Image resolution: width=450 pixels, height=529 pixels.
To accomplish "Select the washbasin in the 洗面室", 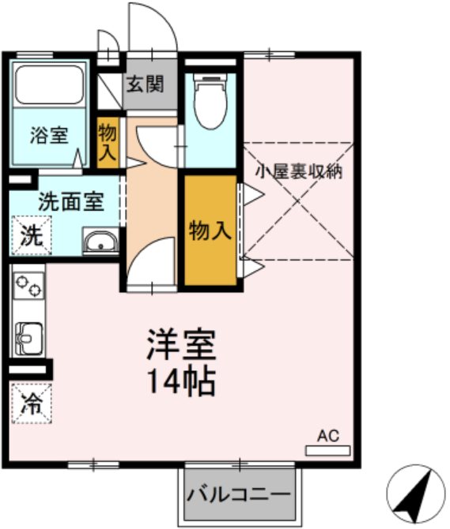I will [x=100, y=242].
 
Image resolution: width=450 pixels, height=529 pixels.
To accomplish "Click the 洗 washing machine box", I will [x=30, y=234].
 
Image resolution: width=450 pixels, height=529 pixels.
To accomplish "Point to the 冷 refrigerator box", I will [x=30, y=403].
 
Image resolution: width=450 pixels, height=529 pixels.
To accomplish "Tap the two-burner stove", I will [x=29, y=283].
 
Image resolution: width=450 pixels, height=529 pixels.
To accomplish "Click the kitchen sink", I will [x=28, y=338].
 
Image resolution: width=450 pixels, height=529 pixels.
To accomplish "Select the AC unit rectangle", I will [x=327, y=450].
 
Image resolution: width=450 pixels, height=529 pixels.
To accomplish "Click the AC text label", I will [x=327, y=435].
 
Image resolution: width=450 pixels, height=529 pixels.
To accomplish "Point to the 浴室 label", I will [x=48, y=134].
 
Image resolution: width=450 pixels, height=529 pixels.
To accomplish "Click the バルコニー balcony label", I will [x=239, y=496].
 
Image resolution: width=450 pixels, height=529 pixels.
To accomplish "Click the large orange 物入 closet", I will [x=210, y=231].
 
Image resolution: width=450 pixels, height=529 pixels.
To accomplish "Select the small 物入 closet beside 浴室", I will [x=107, y=142].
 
